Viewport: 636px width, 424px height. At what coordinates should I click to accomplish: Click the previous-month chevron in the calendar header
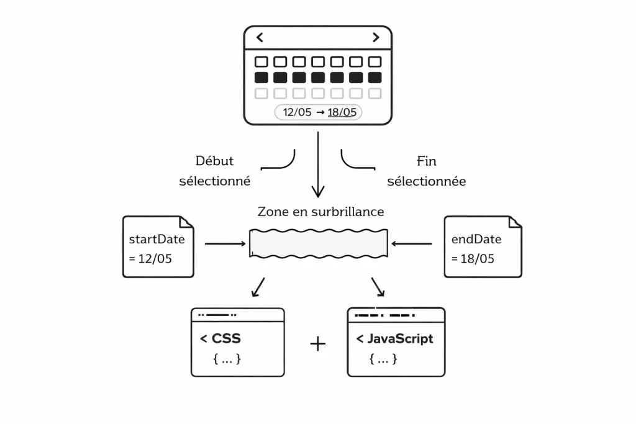click(x=260, y=37)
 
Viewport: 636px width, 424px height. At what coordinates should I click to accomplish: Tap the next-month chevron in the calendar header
click(x=375, y=37)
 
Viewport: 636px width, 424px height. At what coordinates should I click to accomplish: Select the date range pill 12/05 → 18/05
click(x=318, y=112)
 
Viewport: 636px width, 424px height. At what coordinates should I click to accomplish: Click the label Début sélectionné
click(x=215, y=171)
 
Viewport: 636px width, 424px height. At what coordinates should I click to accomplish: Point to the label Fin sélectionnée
click(x=426, y=171)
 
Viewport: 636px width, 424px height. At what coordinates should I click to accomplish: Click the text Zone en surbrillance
click(x=320, y=212)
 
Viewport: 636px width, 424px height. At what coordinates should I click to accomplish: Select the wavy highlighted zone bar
click(x=319, y=243)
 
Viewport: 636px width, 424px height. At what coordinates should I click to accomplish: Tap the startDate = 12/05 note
click(x=158, y=246)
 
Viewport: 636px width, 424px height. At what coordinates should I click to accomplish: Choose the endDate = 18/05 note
click(x=483, y=246)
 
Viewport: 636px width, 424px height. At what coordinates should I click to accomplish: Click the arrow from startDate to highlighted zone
click(x=225, y=244)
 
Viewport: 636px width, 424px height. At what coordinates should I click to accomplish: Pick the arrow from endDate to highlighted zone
click(x=412, y=244)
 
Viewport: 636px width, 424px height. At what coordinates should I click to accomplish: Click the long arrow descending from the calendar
click(x=318, y=165)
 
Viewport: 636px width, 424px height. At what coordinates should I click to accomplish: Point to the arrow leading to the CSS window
click(x=258, y=287)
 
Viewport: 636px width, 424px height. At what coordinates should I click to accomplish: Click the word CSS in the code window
click(x=226, y=339)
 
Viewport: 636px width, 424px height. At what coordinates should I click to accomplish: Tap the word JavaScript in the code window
click(x=400, y=339)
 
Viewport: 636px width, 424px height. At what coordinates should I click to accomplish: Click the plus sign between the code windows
click(x=317, y=343)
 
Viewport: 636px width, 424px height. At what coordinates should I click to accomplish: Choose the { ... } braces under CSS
click(x=227, y=359)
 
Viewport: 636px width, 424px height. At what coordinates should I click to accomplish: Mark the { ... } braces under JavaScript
click(x=383, y=359)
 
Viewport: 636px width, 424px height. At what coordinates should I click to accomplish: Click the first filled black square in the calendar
click(x=261, y=78)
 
